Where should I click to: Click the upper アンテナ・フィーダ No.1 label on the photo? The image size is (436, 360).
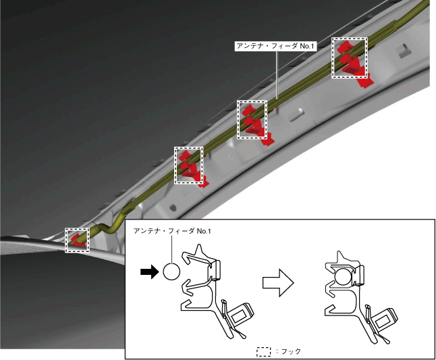coord(275,46)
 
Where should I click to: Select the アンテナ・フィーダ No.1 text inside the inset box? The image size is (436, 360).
coord(173,232)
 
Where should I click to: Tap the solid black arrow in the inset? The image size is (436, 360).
coord(147,272)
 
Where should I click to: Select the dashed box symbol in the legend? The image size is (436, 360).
coord(263,351)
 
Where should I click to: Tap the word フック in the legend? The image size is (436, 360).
coord(290,351)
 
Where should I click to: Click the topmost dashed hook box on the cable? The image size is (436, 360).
coord(350,57)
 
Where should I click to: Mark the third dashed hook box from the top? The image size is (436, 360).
coord(188,165)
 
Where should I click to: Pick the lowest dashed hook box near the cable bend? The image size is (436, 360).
coord(77,240)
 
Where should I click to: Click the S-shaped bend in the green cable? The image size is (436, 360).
coord(101,228)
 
